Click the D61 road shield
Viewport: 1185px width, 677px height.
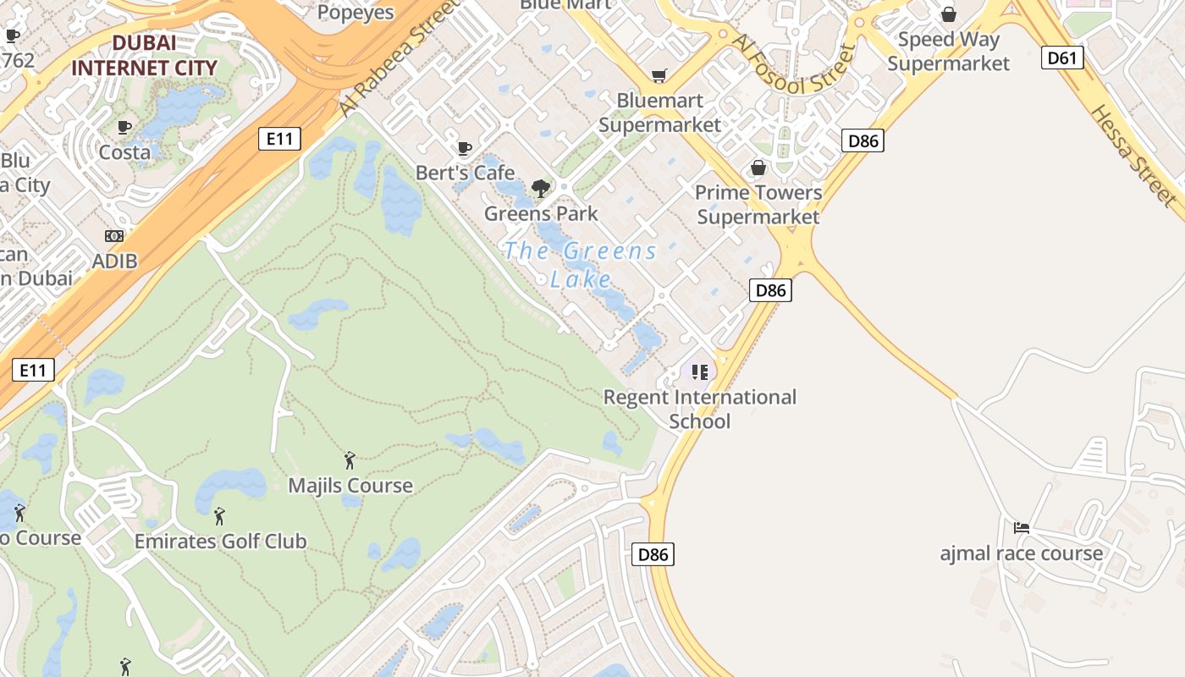pos(1061,58)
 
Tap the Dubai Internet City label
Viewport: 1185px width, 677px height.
pos(144,55)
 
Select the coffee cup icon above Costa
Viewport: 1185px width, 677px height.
pos(124,128)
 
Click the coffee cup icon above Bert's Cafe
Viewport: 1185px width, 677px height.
pos(464,149)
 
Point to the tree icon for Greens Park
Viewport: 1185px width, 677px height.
pos(540,189)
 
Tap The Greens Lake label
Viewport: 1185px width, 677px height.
pos(581,264)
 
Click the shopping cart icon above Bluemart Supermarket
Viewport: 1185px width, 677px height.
pos(659,76)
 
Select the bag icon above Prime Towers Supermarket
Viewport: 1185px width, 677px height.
pos(758,168)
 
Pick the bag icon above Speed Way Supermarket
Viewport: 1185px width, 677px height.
pos(949,14)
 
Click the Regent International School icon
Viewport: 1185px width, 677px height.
pos(699,372)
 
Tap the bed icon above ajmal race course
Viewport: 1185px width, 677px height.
pos(1022,528)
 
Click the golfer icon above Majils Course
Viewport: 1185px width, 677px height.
pos(350,460)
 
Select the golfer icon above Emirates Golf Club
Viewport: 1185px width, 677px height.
pos(219,515)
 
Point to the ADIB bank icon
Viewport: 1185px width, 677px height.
pos(114,236)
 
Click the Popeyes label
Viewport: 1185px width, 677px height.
pos(355,12)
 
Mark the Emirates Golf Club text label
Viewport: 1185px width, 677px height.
pos(220,541)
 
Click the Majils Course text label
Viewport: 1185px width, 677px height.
pos(350,486)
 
